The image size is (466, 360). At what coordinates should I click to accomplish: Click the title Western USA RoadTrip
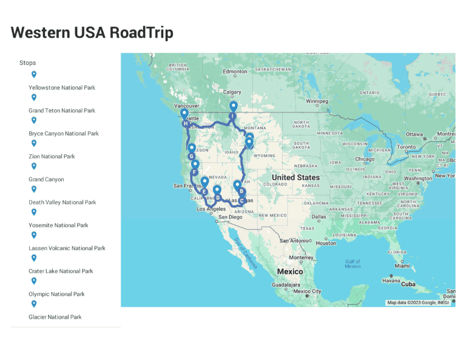click(x=92, y=33)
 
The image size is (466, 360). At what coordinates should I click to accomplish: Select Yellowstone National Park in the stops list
click(x=62, y=88)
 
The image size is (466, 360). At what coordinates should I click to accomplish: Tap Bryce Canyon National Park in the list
click(x=64, y=134)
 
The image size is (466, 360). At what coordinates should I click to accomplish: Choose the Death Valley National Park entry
click(x=62, y=203)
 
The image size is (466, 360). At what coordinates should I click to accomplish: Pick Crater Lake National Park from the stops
click(x=61, y=271)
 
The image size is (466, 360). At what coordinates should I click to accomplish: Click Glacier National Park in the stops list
click(x=55, y=317)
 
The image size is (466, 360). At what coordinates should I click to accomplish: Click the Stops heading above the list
click(x=27, y=63)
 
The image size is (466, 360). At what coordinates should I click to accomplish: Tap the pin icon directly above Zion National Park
click(x=34, y=144)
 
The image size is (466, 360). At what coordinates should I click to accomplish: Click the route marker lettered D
click(x=217, y=196)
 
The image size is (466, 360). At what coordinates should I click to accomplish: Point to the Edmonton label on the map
click(x=235, y=72)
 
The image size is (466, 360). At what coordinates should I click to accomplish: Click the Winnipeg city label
click(x=317, y=101)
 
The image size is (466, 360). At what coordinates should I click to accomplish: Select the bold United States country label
click(x=295, y=177)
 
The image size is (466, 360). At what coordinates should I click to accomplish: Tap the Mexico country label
click(x=289, y=271)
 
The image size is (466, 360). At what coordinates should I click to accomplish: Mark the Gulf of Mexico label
click(x=353, y=264)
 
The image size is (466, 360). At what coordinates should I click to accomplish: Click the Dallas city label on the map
click(x=319, y=217)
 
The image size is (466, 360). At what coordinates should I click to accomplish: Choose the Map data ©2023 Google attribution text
click(x=417, y=302)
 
